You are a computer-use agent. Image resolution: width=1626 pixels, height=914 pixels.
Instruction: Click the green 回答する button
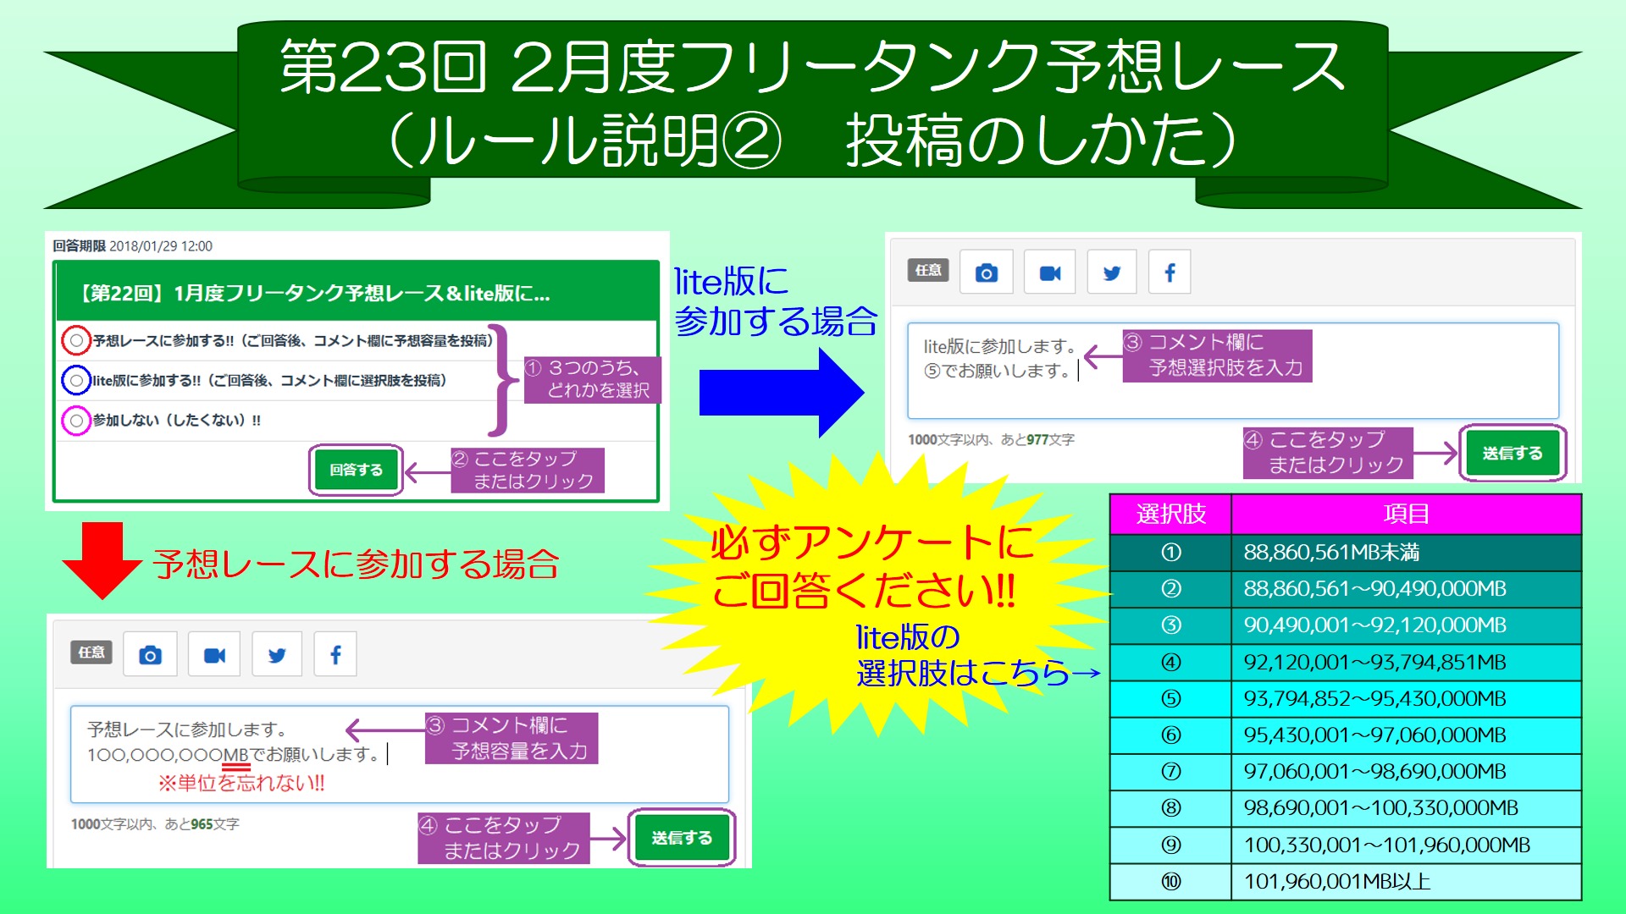(x=356, y=470)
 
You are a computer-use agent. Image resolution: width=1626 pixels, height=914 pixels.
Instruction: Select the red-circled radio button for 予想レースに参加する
(x=76, y=340)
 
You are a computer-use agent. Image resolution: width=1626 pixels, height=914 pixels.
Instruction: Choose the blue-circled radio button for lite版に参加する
(x=76, y=380)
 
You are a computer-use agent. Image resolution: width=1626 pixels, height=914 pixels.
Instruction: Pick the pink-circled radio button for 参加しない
(x=76, y=420)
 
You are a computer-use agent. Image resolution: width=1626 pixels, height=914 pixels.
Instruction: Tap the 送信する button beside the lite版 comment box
(x=1513, y=454)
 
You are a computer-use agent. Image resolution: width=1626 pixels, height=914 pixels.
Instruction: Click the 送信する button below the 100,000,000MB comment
(x=682, y=838)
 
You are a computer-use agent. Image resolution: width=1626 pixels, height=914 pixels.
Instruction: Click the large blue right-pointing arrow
(x=781, y=394)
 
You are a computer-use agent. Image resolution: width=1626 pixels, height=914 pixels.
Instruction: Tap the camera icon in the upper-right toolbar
(x=987, y=273)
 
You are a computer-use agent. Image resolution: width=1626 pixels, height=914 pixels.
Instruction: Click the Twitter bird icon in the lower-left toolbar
(x=277, y=655)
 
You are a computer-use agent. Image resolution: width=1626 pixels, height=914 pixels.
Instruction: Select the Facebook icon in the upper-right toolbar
(x=1170, y=273)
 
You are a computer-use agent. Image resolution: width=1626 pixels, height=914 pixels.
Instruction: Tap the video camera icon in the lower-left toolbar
(x=214, y=655)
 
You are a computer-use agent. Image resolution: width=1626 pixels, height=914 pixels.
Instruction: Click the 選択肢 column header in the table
(x=1171, y=514)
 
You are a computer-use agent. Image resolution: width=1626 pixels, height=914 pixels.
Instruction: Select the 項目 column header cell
(x=1406, y=514)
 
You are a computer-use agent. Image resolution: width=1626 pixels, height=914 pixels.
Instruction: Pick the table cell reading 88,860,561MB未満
(x=1406, y=553)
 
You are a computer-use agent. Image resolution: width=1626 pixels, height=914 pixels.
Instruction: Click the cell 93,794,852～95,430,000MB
(x=1406, y=699)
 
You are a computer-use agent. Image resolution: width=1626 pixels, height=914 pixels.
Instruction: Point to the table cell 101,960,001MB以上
(x=1406, y=882)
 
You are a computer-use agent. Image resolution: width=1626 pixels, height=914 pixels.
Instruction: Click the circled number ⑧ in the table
(x=1171, y=808)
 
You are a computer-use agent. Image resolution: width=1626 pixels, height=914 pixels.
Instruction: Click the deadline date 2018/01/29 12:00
(x=161, y=246)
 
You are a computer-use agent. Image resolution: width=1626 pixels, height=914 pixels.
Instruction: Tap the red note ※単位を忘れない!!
(x=241, y=783)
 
